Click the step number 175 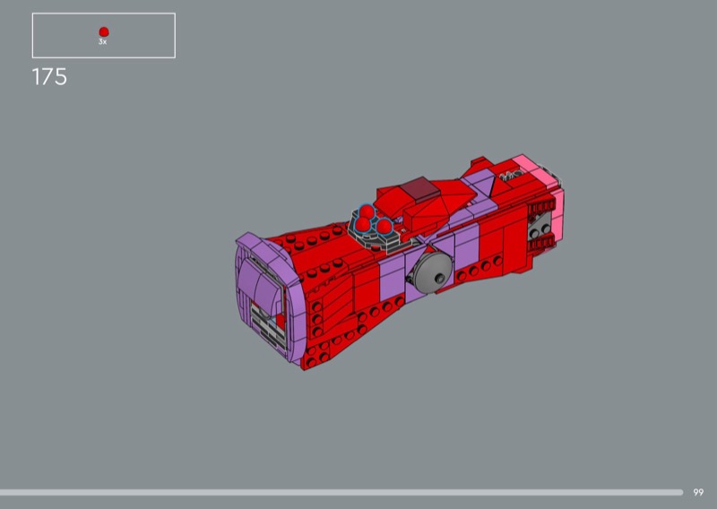(x=49, y=77)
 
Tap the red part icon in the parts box (x=104, y=31)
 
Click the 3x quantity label (x=103, y=41)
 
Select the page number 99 (x=698, y=492)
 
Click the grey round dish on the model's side (x=429, y=272)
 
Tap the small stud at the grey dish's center (x=440, y=278)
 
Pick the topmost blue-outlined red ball (x=367, y=211)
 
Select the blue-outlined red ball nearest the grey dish (x=384, y=225)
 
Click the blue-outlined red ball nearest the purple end (x=362, y=224)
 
